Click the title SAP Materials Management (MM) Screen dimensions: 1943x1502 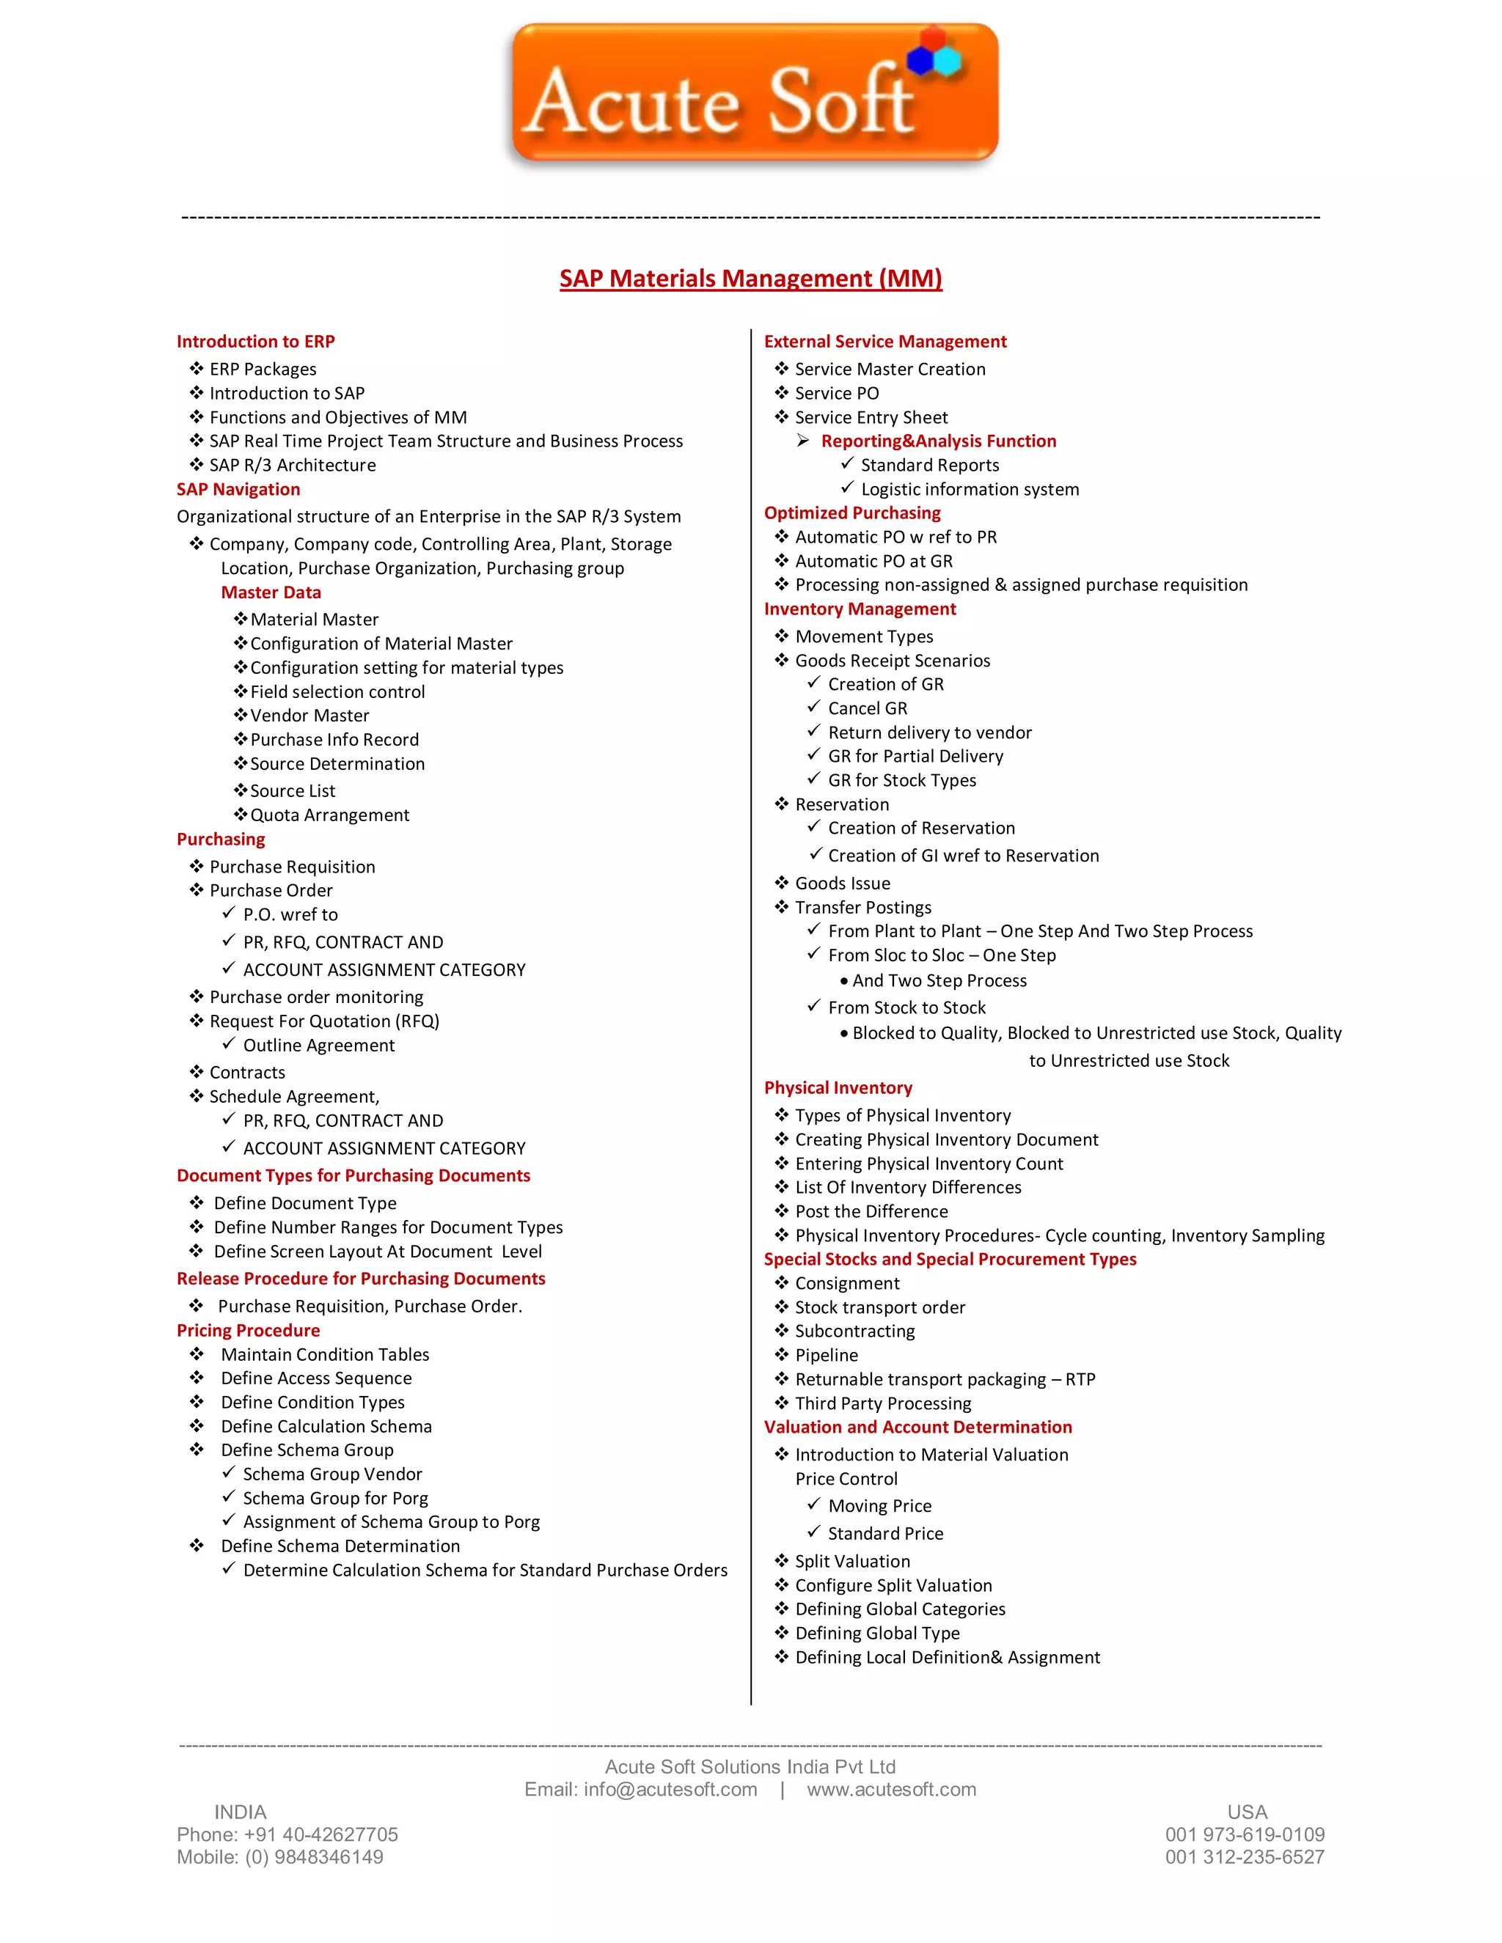[750, 279]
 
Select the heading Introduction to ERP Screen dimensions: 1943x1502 [255, 342]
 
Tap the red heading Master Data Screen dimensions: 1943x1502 [271, 592]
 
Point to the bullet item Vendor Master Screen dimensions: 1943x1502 [309, 716]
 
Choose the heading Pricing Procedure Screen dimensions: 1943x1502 [249, 1330]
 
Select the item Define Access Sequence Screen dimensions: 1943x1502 [316, 1378]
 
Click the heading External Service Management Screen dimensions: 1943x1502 [884, 342]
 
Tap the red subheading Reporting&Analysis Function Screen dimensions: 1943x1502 [938, 441]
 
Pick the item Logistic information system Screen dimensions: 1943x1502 [969, 489]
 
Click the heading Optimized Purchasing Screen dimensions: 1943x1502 [851, 513]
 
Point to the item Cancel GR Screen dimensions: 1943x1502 [867, 708]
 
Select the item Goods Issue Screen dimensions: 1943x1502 [842, 884]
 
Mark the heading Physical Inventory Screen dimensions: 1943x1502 [838, 1088]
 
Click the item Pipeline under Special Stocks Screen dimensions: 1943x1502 [826, 1355]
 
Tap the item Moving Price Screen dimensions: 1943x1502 [879, 1506]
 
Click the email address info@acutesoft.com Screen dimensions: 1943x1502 [670, 1789]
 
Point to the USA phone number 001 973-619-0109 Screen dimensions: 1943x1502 [1244, 1834]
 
